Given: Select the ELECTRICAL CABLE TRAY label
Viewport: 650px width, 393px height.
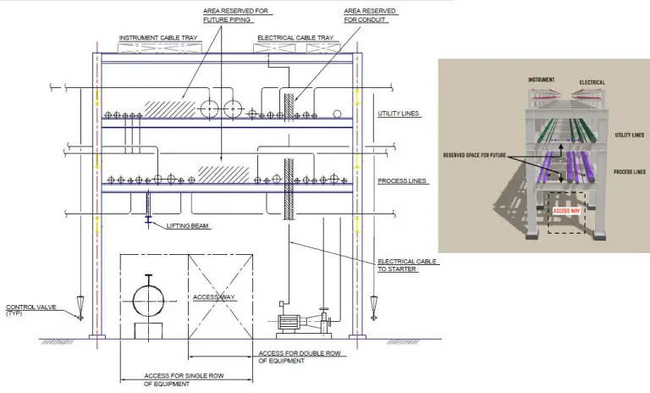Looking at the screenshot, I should coord(296,38).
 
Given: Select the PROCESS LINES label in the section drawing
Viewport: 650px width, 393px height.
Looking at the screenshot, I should coord(401,181).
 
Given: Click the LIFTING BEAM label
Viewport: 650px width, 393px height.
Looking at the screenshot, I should coord(187,226).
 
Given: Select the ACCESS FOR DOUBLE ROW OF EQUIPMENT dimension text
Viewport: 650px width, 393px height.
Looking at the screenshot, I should coord(301,357).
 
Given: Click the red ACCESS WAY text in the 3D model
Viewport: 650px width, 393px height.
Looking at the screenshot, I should coord(566,209).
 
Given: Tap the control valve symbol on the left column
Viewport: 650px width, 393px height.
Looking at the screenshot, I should coord(80,302).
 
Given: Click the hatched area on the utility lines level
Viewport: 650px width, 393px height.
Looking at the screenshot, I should coord(169,109).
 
